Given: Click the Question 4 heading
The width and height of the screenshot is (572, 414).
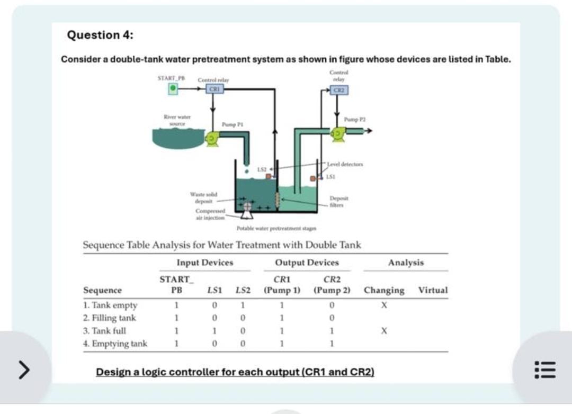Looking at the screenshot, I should click(x=100, y=35).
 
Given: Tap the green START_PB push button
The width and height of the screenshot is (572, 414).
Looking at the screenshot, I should click(x=173, y=89).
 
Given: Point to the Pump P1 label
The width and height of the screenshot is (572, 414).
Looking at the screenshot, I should click(x=232, y=124).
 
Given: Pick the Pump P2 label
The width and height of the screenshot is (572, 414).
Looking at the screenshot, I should click(x=354, y=120).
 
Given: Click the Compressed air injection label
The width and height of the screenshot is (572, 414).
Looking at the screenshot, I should click(x=210, y=214).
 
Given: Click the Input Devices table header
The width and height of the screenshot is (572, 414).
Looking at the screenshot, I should click(x=205, y=263).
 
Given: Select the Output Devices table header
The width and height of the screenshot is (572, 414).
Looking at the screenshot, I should click(x=307, y=263).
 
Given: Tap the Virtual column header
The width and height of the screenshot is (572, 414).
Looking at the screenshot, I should click(x=433, y=290).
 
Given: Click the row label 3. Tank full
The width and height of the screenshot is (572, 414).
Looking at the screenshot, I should click(x=105, y=331).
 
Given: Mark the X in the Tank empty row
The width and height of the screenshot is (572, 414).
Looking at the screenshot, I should click(x=385, y=305).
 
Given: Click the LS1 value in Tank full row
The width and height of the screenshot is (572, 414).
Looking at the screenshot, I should click(x=214, y=331).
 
